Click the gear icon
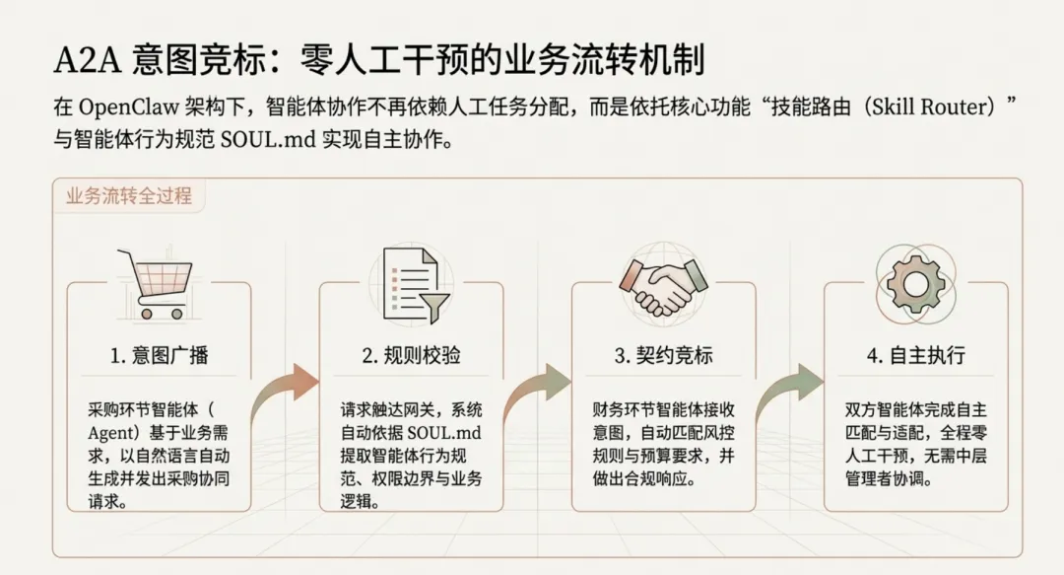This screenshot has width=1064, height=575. tap(915, 281)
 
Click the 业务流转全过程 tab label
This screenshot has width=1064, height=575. tap(128, 194)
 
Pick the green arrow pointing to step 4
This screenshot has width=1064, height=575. tap(790, 389)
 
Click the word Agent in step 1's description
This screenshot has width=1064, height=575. tap(110, 431)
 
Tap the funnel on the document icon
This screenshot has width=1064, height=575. tap(432, 302)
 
